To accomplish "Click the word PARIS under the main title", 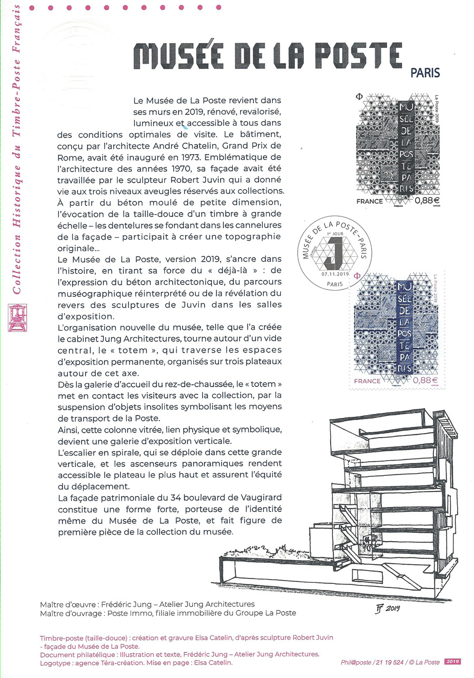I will [x=425, y=74].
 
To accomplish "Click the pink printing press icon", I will [x=17, y=317].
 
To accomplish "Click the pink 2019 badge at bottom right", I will [x=452, y=662].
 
